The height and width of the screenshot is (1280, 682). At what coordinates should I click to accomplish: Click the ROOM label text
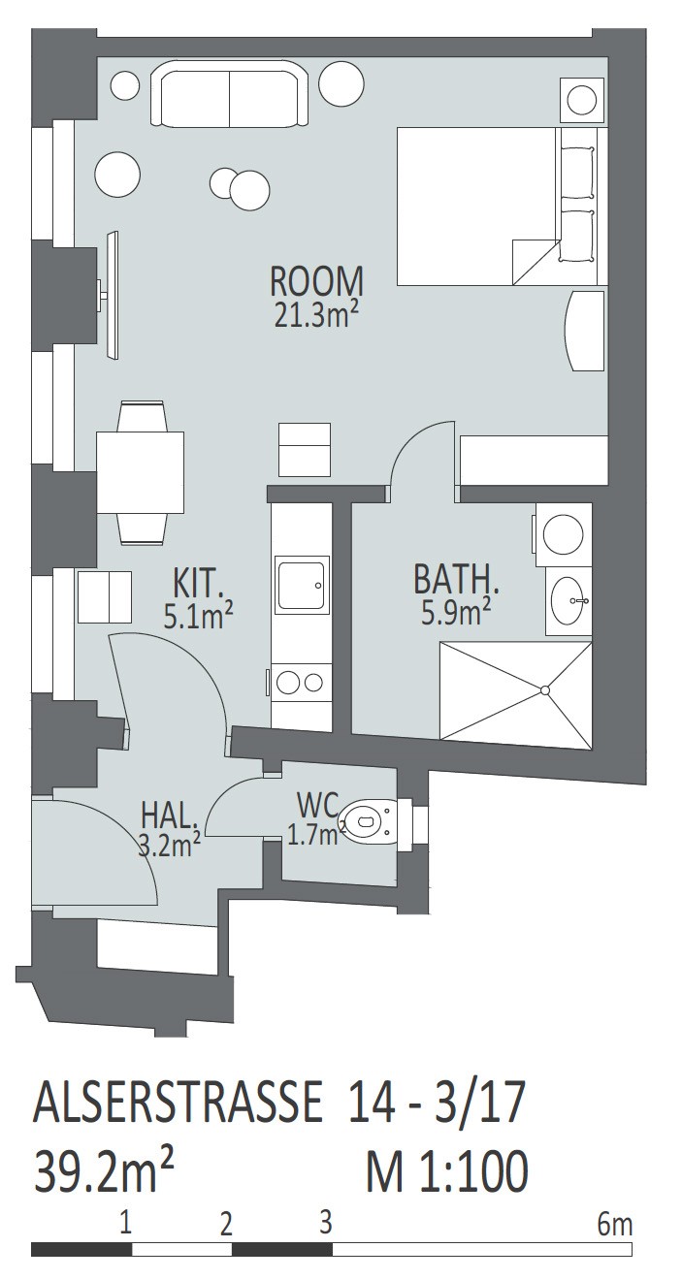click(316, 282)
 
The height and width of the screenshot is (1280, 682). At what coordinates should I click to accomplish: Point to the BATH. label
click(457, 579)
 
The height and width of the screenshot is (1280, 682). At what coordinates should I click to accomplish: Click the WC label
click(318, 805)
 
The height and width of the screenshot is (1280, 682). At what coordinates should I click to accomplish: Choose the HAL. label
click(170, 816)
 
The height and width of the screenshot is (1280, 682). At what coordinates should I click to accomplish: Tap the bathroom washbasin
click(568, 600)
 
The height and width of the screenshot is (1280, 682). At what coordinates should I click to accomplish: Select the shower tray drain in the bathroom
click(544, 690)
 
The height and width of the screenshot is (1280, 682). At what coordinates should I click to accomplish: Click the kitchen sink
click(302, 584)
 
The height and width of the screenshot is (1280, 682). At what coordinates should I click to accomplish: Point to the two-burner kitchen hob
click(301, 682)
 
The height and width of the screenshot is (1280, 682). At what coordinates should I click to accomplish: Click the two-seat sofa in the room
click(229, 96)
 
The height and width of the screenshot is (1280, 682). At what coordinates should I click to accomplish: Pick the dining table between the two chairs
click(140, 472)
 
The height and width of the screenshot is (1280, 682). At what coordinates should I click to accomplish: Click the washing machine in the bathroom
click(563, 535)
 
